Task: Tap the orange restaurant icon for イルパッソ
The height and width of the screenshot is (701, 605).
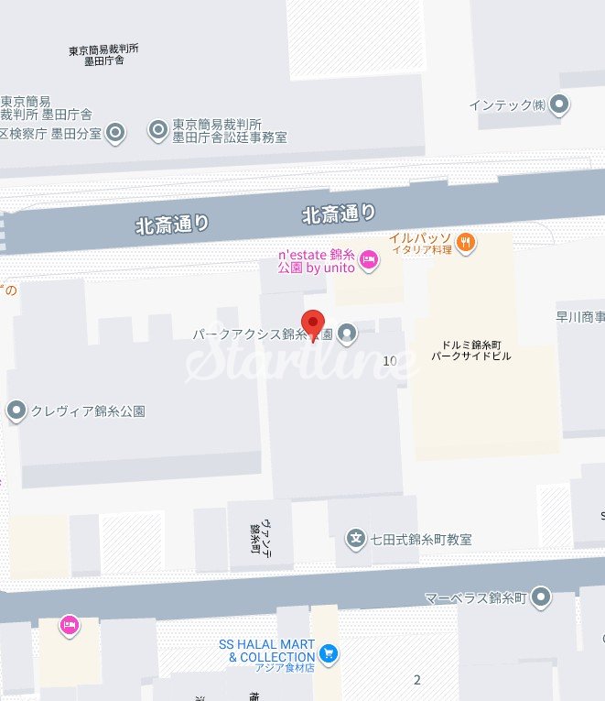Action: click(466, 243)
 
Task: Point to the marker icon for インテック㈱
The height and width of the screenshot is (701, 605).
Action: click(559, 104)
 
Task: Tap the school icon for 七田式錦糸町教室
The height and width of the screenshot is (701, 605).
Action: click(356, 539)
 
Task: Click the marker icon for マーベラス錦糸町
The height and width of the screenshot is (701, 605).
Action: click(542, 598)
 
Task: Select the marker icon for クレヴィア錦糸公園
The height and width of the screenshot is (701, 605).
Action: click(16, 411)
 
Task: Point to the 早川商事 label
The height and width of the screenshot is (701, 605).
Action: click(580, 317)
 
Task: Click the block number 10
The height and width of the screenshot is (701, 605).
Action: click(391, 360)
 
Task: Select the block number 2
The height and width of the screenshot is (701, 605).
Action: click(417, 679)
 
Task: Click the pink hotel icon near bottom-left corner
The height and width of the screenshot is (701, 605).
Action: click(69, 625)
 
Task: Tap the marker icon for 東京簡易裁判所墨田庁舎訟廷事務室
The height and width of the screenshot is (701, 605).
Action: click(158, 131)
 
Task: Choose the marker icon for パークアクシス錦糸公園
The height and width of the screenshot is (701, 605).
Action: click(347, 334)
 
